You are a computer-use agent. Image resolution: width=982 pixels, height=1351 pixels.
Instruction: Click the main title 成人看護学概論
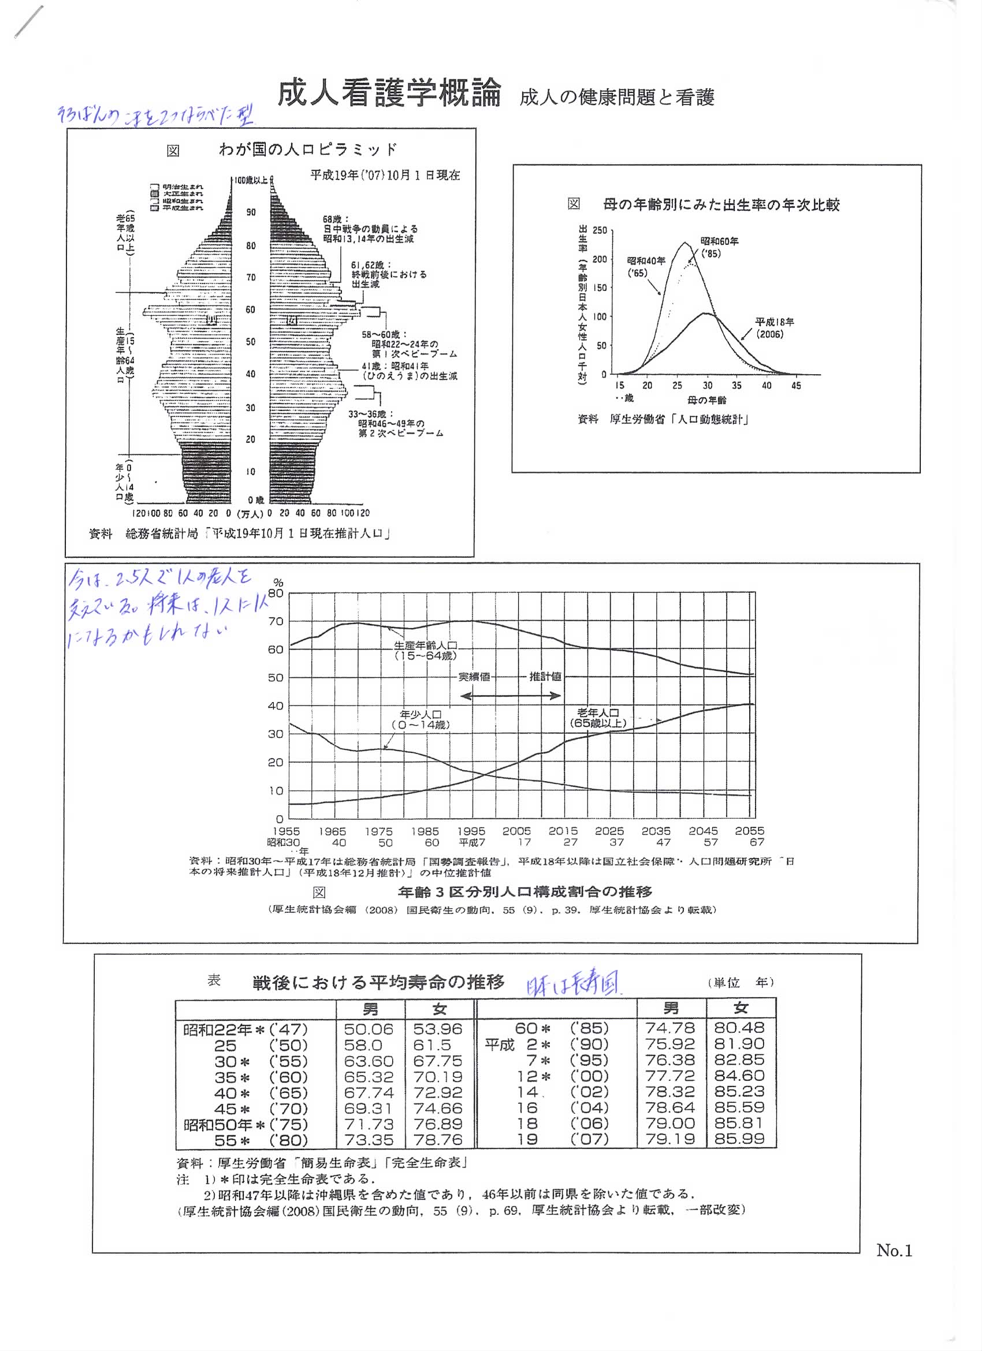389,94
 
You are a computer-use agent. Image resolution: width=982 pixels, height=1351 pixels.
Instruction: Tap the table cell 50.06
369,1029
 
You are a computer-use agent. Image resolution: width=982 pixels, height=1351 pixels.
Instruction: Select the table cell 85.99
739,1139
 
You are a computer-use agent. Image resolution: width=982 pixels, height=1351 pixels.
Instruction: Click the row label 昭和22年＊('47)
245,1029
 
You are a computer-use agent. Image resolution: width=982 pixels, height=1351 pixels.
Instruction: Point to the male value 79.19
669,1139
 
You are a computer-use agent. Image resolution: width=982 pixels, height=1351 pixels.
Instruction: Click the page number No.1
894,1250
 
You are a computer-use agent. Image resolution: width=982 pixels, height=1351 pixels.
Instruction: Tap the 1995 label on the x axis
471,831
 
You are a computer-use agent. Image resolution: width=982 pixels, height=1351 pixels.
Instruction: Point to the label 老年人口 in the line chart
598,712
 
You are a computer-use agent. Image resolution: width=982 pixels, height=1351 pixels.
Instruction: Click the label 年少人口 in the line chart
420,714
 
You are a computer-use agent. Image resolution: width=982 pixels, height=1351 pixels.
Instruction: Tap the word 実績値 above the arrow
474,677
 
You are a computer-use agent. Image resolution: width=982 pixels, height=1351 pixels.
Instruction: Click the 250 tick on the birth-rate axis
600,230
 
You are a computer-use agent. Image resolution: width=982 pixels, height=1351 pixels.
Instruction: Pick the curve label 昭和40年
646,261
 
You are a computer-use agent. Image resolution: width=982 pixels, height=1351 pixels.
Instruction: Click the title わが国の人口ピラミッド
307,149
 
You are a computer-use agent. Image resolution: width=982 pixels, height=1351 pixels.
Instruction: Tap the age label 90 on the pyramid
251,212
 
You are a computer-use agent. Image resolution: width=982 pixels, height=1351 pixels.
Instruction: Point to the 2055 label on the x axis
749,831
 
